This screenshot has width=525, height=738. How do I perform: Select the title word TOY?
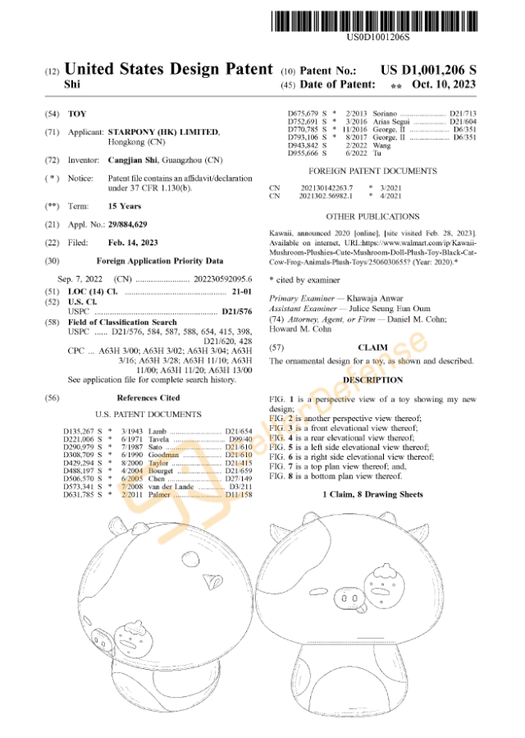[x=76, y=112]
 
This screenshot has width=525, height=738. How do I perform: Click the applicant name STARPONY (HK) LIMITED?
[x=164, y=131]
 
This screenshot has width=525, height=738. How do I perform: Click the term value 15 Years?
[x=125, y=206]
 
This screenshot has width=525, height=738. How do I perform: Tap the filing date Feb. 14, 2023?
[x=134, y=242]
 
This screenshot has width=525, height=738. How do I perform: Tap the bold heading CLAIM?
[x=372, y=348]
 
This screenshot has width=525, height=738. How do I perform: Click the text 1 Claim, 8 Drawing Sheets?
[x=373, y=494]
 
